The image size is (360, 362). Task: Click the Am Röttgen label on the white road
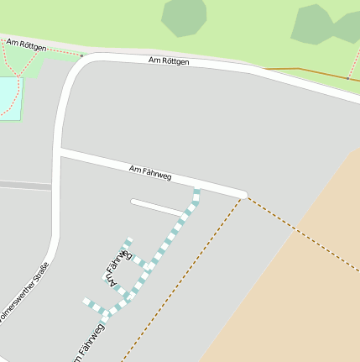169,61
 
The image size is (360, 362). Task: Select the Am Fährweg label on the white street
151,174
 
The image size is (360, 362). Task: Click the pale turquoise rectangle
8,97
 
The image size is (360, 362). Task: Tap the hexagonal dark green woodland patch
184,17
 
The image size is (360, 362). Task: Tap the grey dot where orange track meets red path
264,69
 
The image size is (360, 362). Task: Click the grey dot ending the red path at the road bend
81,55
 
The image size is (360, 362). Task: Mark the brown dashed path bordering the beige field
302,234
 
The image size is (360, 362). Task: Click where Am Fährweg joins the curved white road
60,152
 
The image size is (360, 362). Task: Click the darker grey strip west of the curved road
25,185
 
